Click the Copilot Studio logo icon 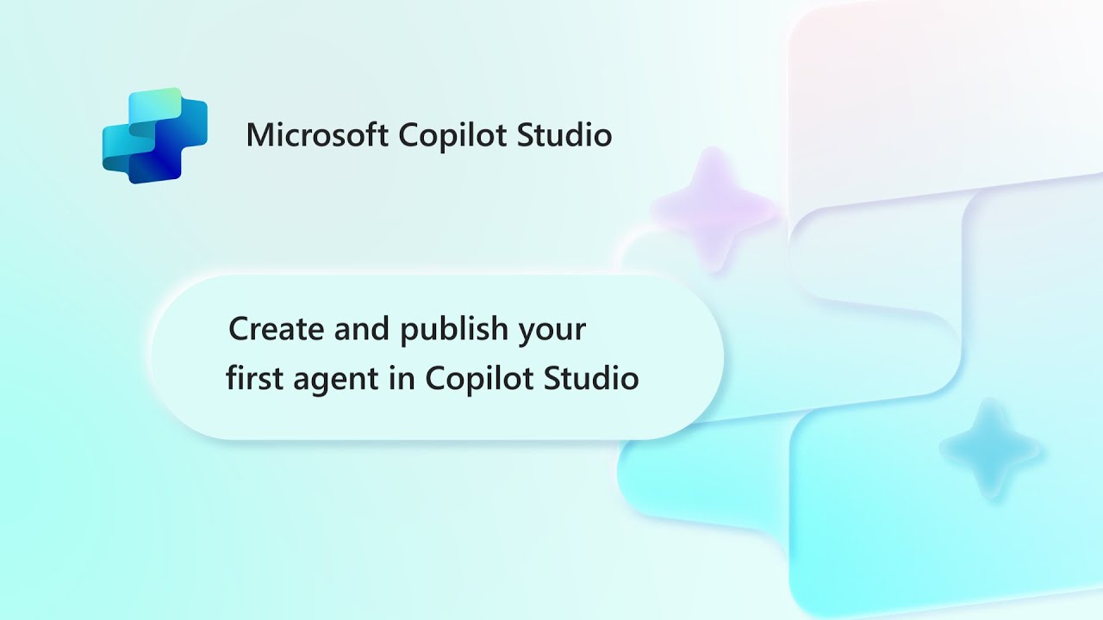pyautogui.click(x=154, y=136)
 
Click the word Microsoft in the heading pyautogui.click(x=317, y=134)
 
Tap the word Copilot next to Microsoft pyautogui.click(x=452, y=135)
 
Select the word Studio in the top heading pyautogui.click(x=564, y=134)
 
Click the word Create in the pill pyautogui.click(x=277, y=329)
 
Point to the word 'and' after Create pyautogui.click(x=362, y=328)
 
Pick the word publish pyautogui.click(x=454, y=330)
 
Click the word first pyautogui.click(x=254, y=377)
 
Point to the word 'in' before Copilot pyautogui.click(x=402, y=377)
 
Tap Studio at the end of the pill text pyautogui.click(x=591, y=377)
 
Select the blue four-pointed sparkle pyautogui.click(x=991, y=449)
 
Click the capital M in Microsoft pyautogui.click(x=260, y=135)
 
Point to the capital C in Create pyautogui.click(x=240, y=329)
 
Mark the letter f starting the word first pyautogui.click(x=233, y=377)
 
